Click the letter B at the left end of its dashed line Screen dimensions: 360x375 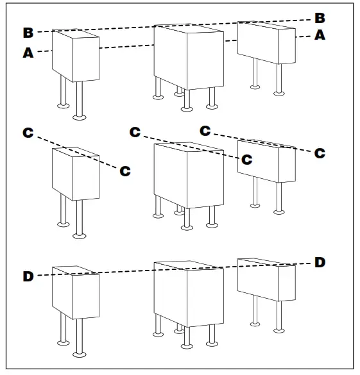click(x=28, y=33)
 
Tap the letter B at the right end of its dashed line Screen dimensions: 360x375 click(x=320, y=18)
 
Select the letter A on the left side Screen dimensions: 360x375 click(x=28, y=53)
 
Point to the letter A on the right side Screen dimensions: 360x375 click(x=320, y=35)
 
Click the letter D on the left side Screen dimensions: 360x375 click(x=28, y=276)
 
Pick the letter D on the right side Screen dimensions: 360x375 click(x=320, y=262)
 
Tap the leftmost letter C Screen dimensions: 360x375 click(x=28, y=133)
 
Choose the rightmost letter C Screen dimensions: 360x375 click(x=320, y=153)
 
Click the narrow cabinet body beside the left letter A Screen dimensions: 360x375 click(x=76, y=56)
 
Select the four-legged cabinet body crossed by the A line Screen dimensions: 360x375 click(x=189, y=57)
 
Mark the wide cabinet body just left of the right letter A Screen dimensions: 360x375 click(x=267, y=42)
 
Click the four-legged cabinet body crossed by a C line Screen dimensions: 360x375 click(x=189, y=176)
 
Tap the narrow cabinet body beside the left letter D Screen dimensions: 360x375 click(x=76, y=292)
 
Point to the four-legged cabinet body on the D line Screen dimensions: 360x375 click(x=189, y=294)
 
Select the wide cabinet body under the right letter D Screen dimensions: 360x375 click(x=267, y=279)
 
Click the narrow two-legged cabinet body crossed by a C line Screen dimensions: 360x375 click(x=76, y=174)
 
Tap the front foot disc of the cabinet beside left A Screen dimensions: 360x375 click(x=80, y=117)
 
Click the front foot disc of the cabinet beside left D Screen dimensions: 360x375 click(x=80, y=354)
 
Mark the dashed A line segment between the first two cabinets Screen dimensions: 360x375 click(x=126, y=46)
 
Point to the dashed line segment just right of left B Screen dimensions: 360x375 click(x=45, y=31)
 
